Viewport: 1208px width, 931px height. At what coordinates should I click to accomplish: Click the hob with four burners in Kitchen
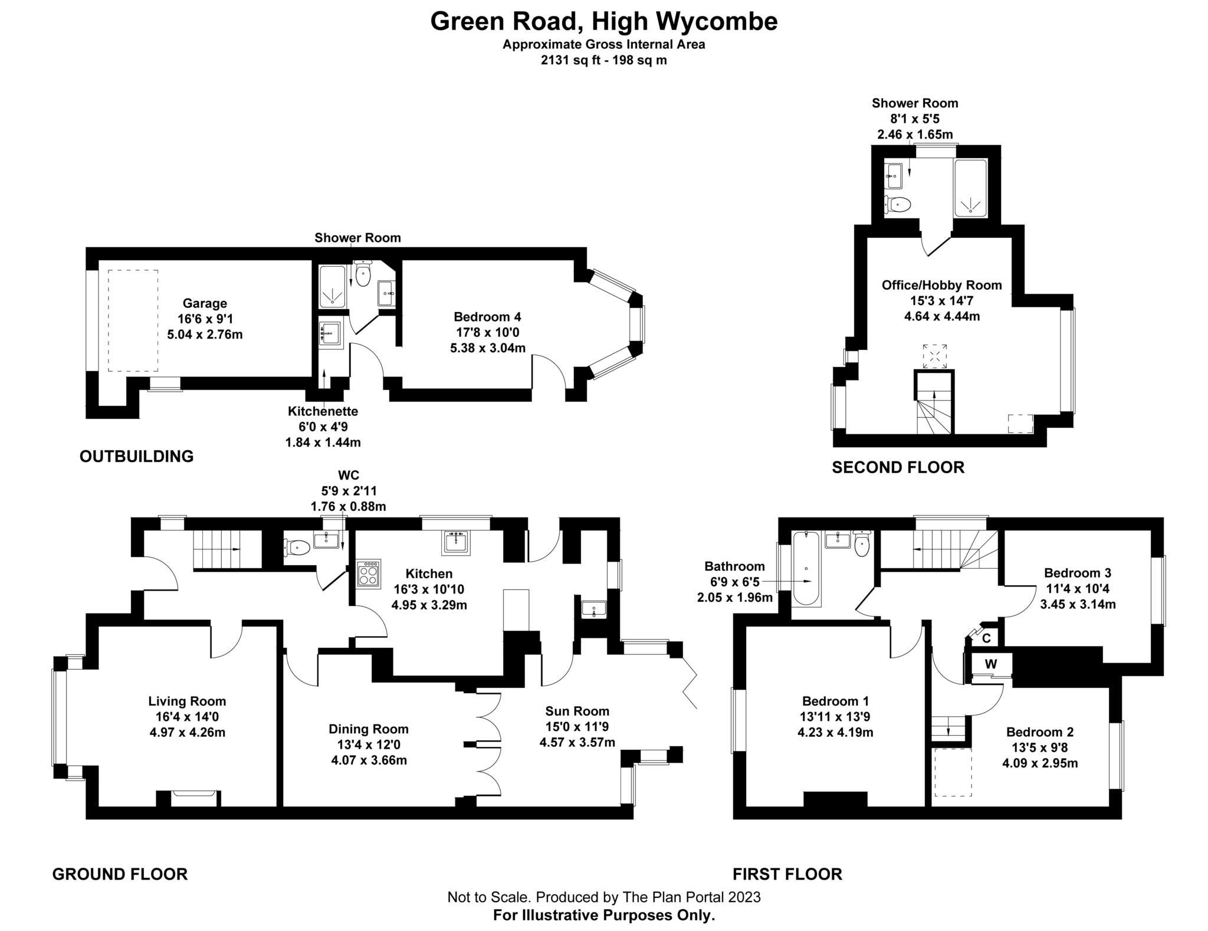coord(369,572)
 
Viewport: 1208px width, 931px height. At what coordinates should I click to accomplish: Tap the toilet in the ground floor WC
coord(297,548)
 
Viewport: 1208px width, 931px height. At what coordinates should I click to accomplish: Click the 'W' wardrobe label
coord(991,664)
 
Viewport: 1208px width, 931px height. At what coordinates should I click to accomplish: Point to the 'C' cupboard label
coord(986,638)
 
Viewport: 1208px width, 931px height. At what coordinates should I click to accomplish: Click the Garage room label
coord(205,303)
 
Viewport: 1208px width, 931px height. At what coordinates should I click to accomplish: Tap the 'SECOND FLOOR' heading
coord(898,467)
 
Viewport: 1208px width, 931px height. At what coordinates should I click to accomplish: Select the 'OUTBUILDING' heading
coord(136,456)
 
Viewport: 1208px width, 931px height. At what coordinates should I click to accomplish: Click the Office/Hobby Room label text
coord(941,286)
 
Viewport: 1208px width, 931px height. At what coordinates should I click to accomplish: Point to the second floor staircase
coord(934,407)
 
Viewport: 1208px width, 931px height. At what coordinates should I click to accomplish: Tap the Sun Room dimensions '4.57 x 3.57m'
coord(577,742)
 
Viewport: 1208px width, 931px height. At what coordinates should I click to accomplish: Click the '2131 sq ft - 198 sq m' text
coord(603,60)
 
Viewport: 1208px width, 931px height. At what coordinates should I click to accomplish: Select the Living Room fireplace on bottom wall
coord(195,799)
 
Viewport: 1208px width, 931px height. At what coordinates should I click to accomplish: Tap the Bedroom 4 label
coord(487,317)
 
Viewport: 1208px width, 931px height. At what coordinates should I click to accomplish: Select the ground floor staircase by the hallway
coord(227,549)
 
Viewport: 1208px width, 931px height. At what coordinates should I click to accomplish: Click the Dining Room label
coord(369,729)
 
